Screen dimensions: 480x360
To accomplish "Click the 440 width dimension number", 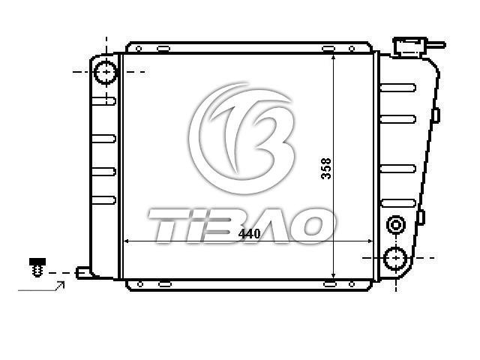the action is click(x=249, y=234).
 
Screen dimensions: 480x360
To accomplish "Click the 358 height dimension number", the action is click(x=326, y=168).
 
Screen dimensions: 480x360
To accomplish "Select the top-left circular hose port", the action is click(x=106, y=72).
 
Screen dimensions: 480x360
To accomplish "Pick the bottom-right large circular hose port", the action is click(x=396, y=258).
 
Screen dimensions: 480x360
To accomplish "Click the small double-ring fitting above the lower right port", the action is click(x=396, y=225).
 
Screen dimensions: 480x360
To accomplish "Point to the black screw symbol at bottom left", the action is click(x=37, y=267).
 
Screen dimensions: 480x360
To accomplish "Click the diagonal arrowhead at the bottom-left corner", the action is click(x=61, y=284).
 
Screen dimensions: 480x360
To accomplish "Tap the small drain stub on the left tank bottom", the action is click(x=83, y=272).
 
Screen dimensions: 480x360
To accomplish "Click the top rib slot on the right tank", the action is click(x=398, y=88).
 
